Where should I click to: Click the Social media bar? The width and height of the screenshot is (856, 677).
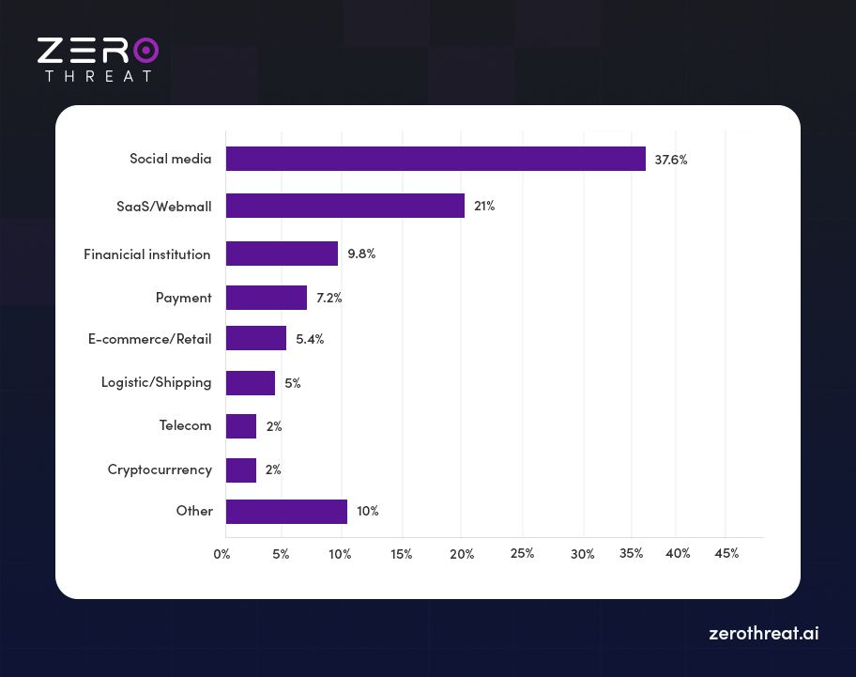click(436, 159)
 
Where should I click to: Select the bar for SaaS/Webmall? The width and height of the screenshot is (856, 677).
click(345, 206)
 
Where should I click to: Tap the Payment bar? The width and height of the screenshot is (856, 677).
click(267, 298)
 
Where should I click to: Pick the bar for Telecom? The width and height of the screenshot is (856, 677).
click(241, 426)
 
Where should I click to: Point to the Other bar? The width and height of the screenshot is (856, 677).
click(286, 512)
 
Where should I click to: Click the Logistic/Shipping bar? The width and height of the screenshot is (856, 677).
click(251, 383)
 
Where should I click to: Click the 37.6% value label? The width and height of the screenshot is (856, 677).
click(671, 160)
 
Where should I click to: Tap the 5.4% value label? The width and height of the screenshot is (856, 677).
click(310, 339)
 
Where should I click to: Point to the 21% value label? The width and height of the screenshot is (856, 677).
click(484, 206)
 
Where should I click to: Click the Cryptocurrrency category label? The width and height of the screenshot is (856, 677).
click(160, 469)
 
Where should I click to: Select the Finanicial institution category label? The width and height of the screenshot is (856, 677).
click(147, 254)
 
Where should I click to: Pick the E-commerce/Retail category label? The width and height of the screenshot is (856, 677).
click(150, 339)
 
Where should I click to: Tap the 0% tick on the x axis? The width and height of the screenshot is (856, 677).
click(222, 554)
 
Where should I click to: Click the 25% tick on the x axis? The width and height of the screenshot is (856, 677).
click(523, 553)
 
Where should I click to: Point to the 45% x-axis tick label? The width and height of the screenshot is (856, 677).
click(726, 553)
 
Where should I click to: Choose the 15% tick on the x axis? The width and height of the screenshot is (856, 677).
click(401, 554)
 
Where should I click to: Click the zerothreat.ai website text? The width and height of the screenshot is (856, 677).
click(763, 634)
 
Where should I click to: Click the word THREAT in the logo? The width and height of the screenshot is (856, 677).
click(99, 76)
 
